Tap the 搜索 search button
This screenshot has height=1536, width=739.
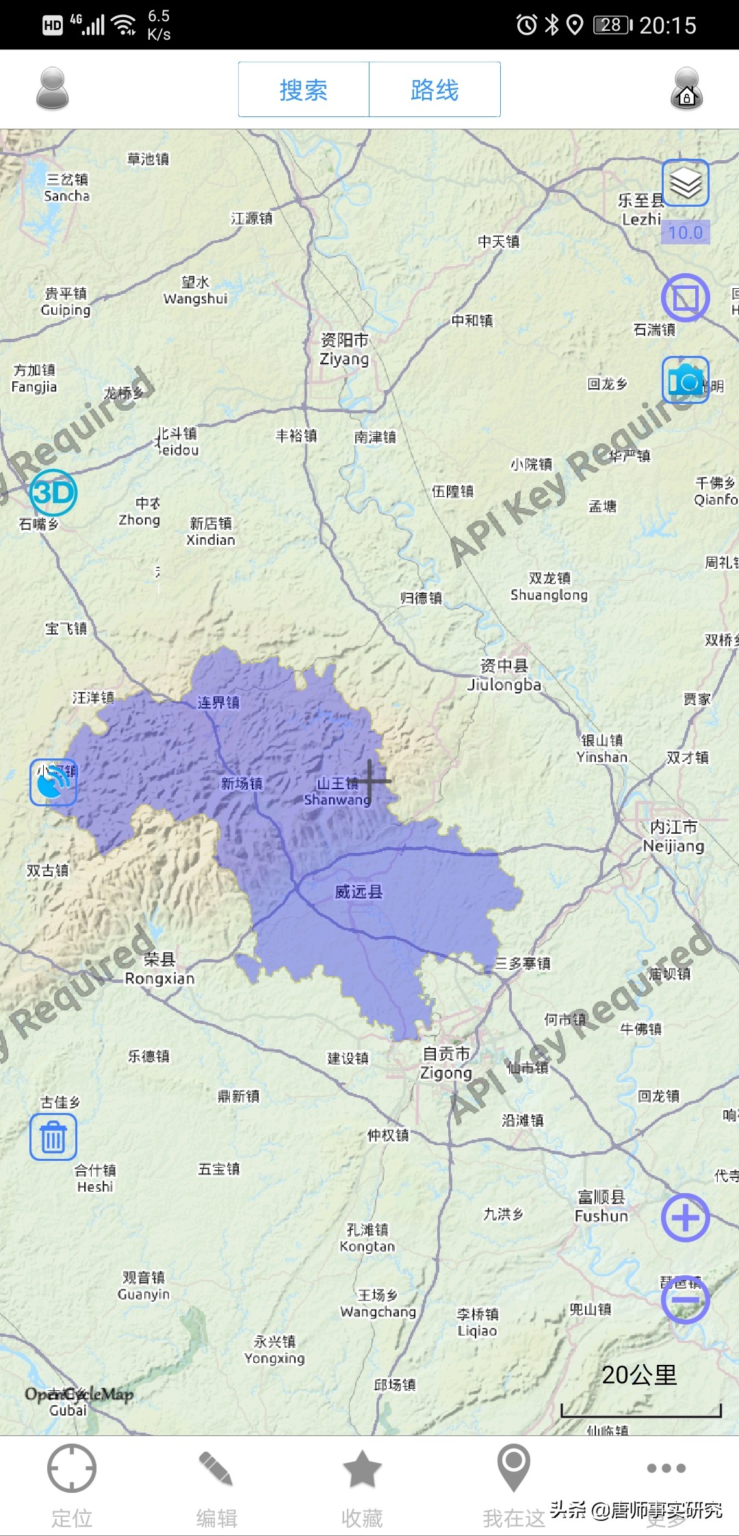click(303, 90)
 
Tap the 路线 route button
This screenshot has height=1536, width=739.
click(435, 90)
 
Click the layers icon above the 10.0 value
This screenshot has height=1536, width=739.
click(685, 183)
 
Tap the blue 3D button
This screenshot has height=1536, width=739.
click(53, 492)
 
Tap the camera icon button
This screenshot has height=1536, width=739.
click(685, 380)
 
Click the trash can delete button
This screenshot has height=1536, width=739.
click(53, 1137)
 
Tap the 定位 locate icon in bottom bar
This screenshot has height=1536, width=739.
click(71, 1468)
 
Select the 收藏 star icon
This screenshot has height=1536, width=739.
click(361, 1468)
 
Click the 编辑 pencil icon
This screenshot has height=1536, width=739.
click(216, 1468)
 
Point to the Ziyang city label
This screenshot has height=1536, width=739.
click(345, 349)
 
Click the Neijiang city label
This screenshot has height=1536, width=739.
click(673, 836)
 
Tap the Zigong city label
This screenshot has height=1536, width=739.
click(446, 1063)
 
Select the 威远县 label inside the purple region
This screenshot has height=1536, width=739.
click(359, 892)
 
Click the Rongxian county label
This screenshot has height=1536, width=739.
click(159, 969)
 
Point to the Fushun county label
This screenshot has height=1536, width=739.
click(601, 1206)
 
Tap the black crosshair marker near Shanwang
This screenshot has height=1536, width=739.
click(370, 780)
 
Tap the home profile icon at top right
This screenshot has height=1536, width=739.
click(686, 89)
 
